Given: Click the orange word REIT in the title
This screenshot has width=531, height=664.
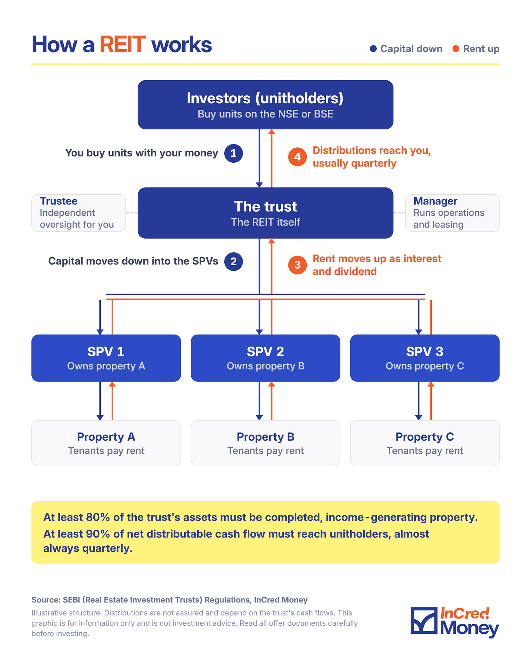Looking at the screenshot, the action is (x=123, y=45).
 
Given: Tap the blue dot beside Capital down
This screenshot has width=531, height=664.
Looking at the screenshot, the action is (x=373, y=49).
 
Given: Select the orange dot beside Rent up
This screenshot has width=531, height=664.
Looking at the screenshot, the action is (x=456, y=49).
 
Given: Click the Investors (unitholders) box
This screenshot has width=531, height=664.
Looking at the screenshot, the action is (x=265, y=105).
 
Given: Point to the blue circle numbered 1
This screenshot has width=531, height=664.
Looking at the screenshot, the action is (x=233, y=153).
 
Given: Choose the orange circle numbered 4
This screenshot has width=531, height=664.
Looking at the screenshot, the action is (x=298, y=157).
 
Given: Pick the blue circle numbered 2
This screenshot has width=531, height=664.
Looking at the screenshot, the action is (x=233, y=262).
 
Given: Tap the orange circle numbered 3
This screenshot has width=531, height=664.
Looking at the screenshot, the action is (x=298, y=265).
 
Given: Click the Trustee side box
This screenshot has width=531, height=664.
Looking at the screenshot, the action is (x=79, y=213).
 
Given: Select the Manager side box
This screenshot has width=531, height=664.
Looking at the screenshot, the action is (x=452, y=213).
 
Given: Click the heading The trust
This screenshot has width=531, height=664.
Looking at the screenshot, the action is (x=265, y=206).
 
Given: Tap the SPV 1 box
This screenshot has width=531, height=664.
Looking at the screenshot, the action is (x=106, y=358).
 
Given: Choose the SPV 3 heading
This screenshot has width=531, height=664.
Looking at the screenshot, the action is (x=425, y=352).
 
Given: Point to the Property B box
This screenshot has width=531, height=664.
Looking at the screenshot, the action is (x=265, y=443).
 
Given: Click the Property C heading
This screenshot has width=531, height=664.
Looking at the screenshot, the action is (x=425, y=437).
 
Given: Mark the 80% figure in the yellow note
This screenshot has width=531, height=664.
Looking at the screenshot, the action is (x=98, y=517).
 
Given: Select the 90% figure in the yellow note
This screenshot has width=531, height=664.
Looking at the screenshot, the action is (x=98, y=534).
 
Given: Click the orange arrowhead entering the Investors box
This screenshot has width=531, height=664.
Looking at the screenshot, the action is (x=272, y=132).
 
